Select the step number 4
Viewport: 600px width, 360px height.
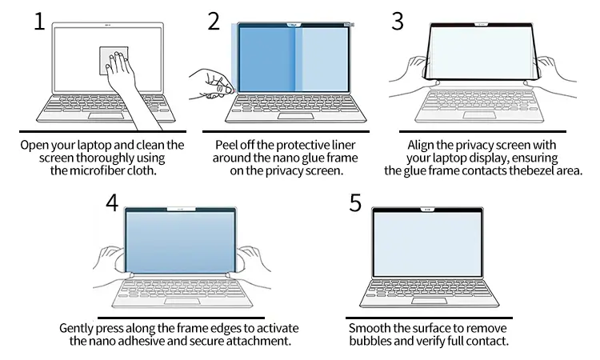113,202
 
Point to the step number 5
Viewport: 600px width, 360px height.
355,202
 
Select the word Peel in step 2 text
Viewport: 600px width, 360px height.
230,145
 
